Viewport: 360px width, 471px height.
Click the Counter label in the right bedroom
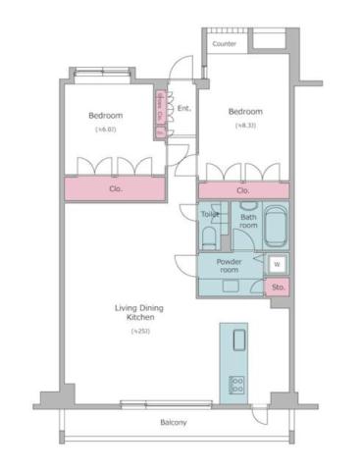(225, 44)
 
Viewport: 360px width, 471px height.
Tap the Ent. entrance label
(183, 109)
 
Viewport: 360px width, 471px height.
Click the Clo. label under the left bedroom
(115, 187)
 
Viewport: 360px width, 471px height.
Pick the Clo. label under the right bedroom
(242, 190)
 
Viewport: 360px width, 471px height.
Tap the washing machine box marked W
(277, 264)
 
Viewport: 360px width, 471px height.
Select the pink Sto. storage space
(278, 288)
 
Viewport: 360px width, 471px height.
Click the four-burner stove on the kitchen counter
(236, 384)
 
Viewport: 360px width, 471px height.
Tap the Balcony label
(174, 423)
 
